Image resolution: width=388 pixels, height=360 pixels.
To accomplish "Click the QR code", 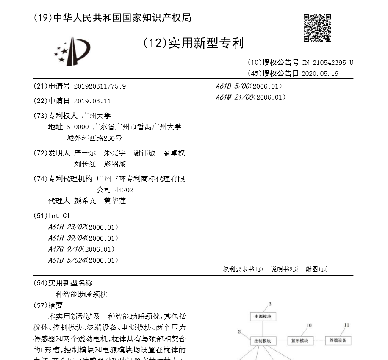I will (317, 28).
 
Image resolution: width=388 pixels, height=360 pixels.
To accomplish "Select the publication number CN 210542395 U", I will (327, 63).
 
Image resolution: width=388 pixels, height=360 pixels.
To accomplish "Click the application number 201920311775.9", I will (100, 86).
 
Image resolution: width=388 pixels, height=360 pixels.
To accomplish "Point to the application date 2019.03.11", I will (92, 101).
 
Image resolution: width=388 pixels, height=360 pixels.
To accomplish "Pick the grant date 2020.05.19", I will (320, 73).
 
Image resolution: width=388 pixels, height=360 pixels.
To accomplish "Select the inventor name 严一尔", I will (85, 153).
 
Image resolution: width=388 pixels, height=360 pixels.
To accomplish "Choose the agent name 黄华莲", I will (115, 201).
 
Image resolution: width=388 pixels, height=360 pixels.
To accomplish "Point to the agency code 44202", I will (124, 190).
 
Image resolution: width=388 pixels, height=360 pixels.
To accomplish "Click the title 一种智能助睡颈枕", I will (78, 294).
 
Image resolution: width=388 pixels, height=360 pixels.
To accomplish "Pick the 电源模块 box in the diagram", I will (263, 316).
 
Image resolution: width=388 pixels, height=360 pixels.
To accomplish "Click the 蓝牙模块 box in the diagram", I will (299, 341).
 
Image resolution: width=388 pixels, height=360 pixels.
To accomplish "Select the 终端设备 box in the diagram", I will (338, 341).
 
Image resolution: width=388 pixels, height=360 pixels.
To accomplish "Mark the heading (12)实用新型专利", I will (193, 43).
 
